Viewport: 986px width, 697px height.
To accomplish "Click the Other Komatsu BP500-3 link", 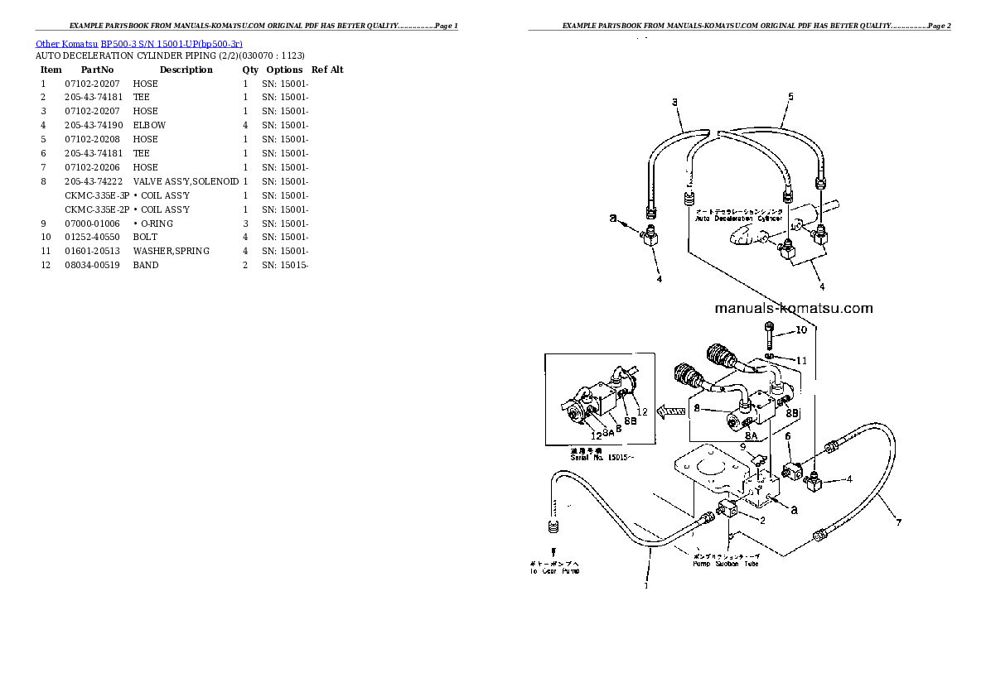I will click(139, 43).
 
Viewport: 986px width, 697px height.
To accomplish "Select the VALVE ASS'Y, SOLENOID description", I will click(186, 181).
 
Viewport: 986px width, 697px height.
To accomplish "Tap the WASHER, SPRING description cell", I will click(171, 251).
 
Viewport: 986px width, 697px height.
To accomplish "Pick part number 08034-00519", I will click(93, 265).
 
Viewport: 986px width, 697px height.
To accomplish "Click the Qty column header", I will click(250, 70).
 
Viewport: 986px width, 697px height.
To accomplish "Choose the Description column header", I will click(186, 70).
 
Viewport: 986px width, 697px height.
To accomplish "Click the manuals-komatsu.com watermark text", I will click(793, 309).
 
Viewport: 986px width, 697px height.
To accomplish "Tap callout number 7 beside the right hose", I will click(897, 522).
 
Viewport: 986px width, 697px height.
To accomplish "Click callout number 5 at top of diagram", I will click(790, 97).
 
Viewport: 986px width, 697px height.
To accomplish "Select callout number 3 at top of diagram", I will click(674, 103).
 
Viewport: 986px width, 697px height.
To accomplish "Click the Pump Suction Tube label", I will click(726, 564).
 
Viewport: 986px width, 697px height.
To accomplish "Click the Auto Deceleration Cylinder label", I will click(738, 218).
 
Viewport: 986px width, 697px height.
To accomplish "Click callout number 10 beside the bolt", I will click(800, 330).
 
